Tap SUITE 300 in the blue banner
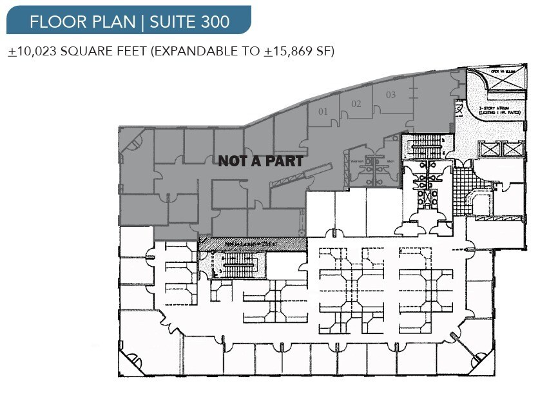pos(189,21)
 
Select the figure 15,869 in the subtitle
pos(295,52)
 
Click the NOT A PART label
pos(260,161)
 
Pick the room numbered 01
pos(323,112)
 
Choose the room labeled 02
pos(356,104)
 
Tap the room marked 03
pos(390,95)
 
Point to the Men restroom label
pos(391,162)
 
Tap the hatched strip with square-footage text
pos(251,244)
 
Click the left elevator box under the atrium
pos(490,150)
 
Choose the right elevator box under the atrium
pos(512,150)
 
